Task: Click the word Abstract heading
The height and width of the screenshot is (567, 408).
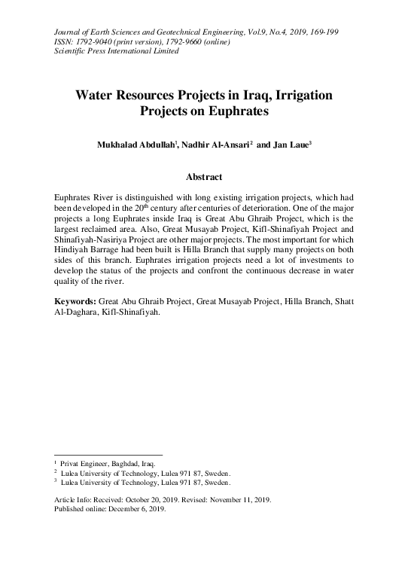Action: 203,177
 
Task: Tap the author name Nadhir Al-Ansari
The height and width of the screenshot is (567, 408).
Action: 217,145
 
